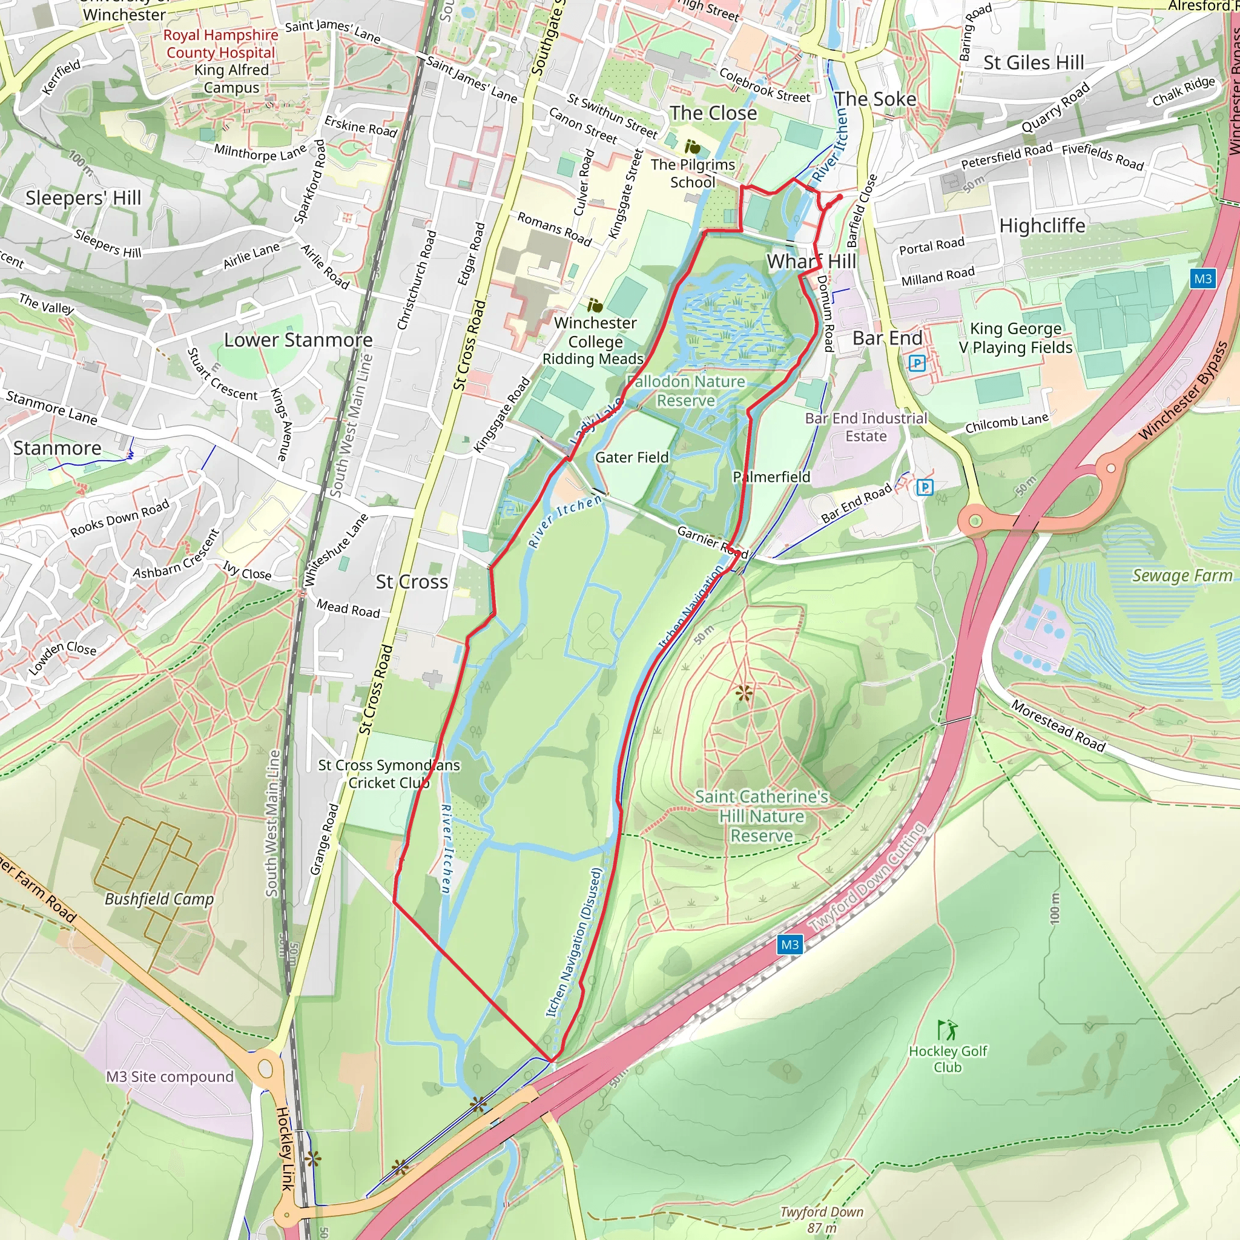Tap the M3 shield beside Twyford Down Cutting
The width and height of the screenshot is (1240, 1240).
pyautogui.click(x=790, y=944)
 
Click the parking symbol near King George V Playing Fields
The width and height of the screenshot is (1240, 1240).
pyautogui.click(x=917, y=363)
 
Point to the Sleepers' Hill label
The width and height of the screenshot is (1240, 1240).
pyautogui.click(x=84, y=197)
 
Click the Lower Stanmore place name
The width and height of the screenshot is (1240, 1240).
pyautogui.click(x=298, y=340)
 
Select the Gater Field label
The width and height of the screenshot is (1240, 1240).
pyautogui.click(x=632, y=457)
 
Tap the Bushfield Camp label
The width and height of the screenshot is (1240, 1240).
pyautogui.click(x=159, y=899)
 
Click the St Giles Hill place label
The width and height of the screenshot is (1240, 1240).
pyautogui.click(x=1034, y=62)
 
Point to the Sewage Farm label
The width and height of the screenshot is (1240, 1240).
pyautogui.click(x=1182, y=575)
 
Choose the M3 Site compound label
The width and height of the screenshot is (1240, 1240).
pyautogui.click(x=170, y=1077)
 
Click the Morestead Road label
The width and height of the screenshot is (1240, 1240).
pyautogui.click(x=1058, y=726)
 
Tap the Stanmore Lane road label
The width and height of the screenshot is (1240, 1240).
pyautogui.click(x=51, y=407)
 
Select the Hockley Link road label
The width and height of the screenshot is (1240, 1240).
pyautogui.click(x=285, y=1149)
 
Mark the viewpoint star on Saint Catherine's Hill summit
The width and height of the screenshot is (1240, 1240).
pyautogui.click(x=744, y=693)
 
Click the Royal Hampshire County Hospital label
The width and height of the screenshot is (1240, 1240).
pyautogui.click(x=220, y=44)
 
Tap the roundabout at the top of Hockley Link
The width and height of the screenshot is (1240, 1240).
pyautogui.click(x=266, y=1069)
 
